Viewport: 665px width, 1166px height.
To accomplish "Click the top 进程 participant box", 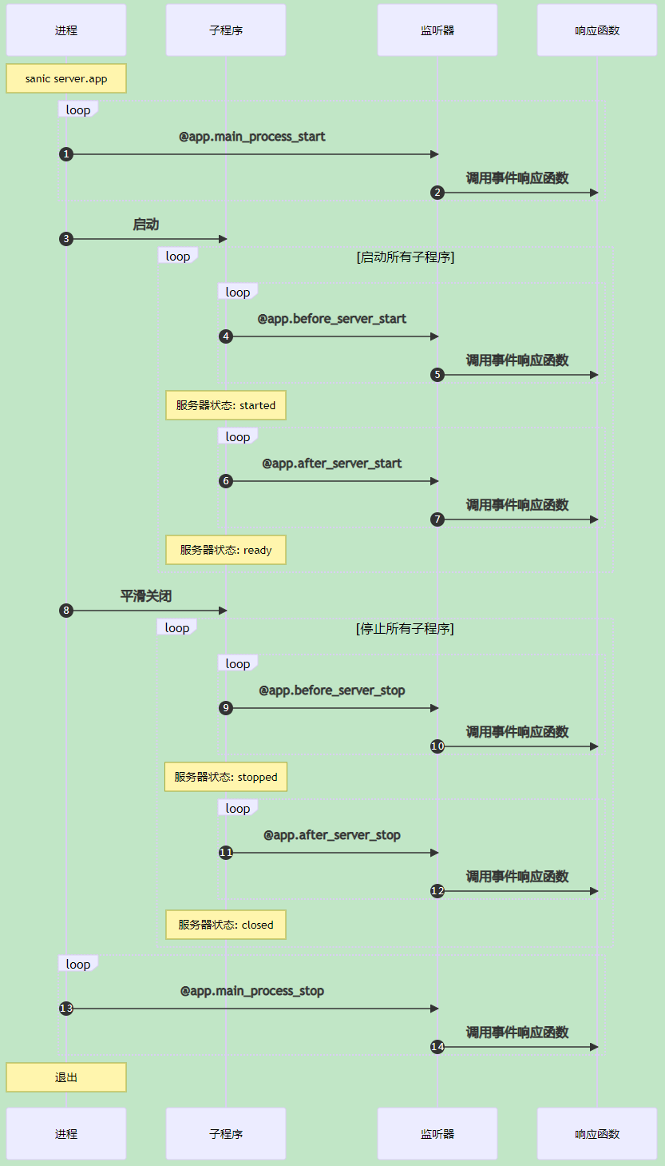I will [66, 30].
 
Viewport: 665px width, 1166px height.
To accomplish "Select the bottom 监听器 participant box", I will [437, 1133].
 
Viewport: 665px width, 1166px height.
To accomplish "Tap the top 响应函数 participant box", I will [597, 30].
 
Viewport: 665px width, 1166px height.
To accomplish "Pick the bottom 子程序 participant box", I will [226, 1133].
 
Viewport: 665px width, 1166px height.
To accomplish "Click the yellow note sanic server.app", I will [66, 79].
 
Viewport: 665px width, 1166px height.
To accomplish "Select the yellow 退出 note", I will [66, 1077].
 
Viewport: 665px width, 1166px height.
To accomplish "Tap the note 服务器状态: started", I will [226, 405].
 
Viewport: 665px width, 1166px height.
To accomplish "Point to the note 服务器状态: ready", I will [226, 550].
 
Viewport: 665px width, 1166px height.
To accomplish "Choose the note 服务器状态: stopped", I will [226, 777].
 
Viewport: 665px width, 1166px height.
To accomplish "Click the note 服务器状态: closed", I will [226, 925].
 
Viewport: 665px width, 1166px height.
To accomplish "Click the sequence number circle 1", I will [66, 154].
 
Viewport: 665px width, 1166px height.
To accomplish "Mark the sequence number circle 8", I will [66, 611].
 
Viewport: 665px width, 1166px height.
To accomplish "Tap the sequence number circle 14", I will [437, 1047].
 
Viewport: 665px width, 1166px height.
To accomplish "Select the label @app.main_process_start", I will [252, 137].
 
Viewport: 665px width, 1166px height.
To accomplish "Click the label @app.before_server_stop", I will [332, 690].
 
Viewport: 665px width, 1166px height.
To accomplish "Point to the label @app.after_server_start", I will [332, 464].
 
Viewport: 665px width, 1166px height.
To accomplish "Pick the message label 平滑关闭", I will [146, 596].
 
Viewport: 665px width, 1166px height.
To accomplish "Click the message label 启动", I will [146, 225].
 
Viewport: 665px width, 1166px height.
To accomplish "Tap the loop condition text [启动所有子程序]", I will [406, 257].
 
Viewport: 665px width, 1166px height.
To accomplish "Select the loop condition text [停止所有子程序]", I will [405, 629].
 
